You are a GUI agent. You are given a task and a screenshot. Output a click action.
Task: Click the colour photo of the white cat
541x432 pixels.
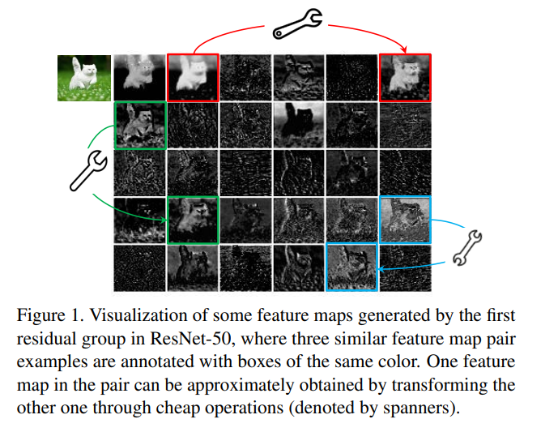coord(83,78)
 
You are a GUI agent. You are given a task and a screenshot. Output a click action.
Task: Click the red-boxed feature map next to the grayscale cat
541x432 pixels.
coord(193,78)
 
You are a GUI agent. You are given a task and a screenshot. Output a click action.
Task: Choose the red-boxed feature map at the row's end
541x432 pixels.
coord(405,78)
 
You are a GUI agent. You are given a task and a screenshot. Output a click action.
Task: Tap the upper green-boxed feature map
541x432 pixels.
coord(140,126)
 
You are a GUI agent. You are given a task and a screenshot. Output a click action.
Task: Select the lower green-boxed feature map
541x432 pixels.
coord(193,220)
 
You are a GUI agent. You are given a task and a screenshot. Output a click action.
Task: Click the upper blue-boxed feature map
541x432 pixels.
coord(405,220)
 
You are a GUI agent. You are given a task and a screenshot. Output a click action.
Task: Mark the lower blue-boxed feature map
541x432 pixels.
coord(351,267)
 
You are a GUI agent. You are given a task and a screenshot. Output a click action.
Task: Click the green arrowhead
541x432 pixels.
coord(164,218)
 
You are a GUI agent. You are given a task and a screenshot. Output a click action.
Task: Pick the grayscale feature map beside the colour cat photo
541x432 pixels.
coord(138,78)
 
